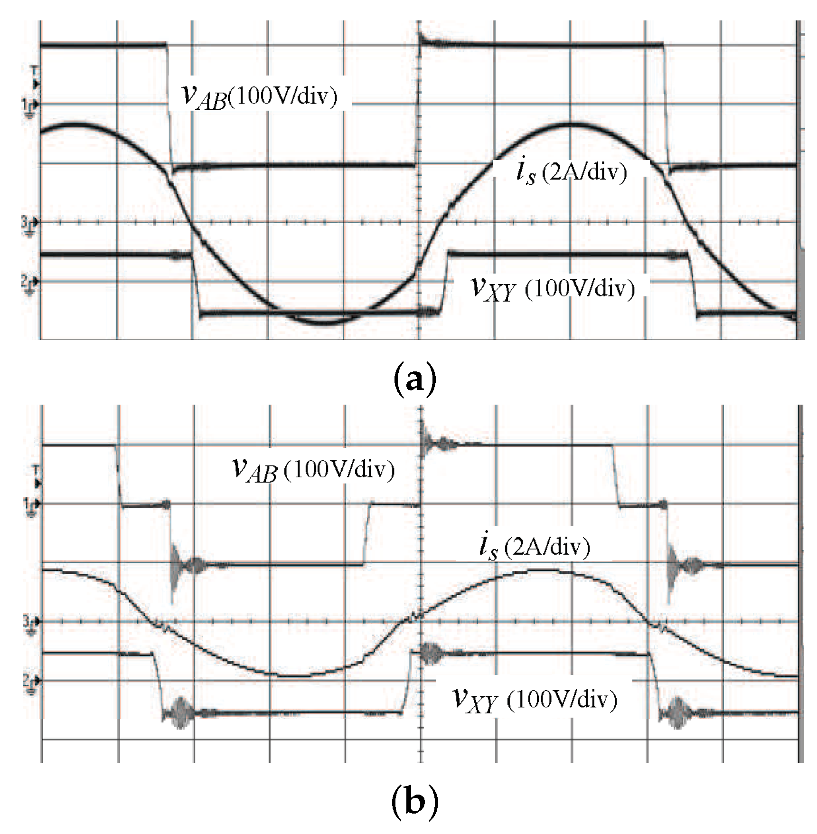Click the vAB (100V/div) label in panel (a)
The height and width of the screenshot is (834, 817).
click(x=259, y=96)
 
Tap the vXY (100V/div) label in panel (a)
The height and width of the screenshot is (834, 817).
click(x=552, y=288)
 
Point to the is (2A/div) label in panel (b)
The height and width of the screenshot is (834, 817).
click(x=535, y=547)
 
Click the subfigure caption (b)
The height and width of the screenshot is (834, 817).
click(x=414, y=802)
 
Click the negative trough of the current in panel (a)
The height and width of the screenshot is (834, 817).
click(x=325, y=323)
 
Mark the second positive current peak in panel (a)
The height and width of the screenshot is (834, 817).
click(x=570, y=124)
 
